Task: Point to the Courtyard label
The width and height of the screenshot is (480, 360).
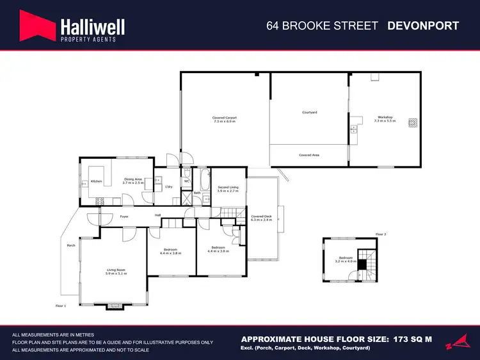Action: pyautogui.click(x=310, y=113)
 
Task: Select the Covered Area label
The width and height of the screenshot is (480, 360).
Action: pyautogui.click(x=309, y=155)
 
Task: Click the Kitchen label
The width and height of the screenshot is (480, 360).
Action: pyautogui.click(x=97, y=181)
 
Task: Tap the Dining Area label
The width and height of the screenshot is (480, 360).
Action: pyautogui.click(x=133, y=181)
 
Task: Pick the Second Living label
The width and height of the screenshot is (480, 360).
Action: pyautogui.click(x=228, y=189)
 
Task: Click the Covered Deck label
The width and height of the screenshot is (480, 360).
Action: pyautogui.click(x=262, y=218)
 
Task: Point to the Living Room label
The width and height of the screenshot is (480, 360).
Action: pyautogui.click(x=116, y=272)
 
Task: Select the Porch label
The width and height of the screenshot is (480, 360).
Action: pyautogui.click(x=72, y=245)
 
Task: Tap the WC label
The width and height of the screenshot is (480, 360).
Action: pyautogui.click(x=186, y=181)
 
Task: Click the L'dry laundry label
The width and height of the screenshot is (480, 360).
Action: pyautogui.click(x=169, y=186)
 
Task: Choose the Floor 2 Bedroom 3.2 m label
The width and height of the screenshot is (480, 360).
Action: pyautogui.click(x=346, y=259)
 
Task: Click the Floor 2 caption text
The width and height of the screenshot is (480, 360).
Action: pyautogui.click(x=381, y=234)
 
